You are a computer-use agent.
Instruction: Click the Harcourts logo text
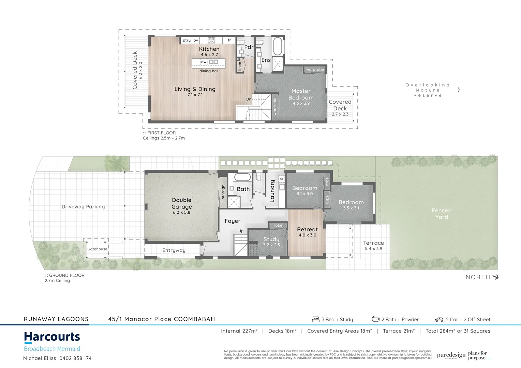[52, 337]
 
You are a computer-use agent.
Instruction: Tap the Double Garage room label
[181, 203]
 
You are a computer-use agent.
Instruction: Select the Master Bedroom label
[301, 94]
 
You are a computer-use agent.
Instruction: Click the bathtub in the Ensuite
[278, 46]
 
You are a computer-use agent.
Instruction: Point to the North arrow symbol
[495, 277]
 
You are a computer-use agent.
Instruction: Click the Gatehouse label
[97, 249]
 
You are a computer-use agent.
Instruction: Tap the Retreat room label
[307, 230]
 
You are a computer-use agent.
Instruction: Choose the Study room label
[271, 239]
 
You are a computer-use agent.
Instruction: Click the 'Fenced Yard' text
[442, 214]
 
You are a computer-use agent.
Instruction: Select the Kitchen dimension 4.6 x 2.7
[209, 55]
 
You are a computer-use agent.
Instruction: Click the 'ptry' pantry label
[187, 40]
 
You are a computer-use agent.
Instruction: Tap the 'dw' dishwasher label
[204, 62]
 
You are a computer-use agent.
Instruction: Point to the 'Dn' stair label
[249, 99]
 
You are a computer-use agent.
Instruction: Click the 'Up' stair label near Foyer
[241, 231]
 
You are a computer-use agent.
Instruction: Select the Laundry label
[272, 191]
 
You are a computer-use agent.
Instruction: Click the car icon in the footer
[439, 320]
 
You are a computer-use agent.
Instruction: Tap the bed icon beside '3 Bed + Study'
[316, 319]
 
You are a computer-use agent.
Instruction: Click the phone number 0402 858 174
[75, 358]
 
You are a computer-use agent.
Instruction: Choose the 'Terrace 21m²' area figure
[399, 331]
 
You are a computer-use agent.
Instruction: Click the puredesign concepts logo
[451, 355]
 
